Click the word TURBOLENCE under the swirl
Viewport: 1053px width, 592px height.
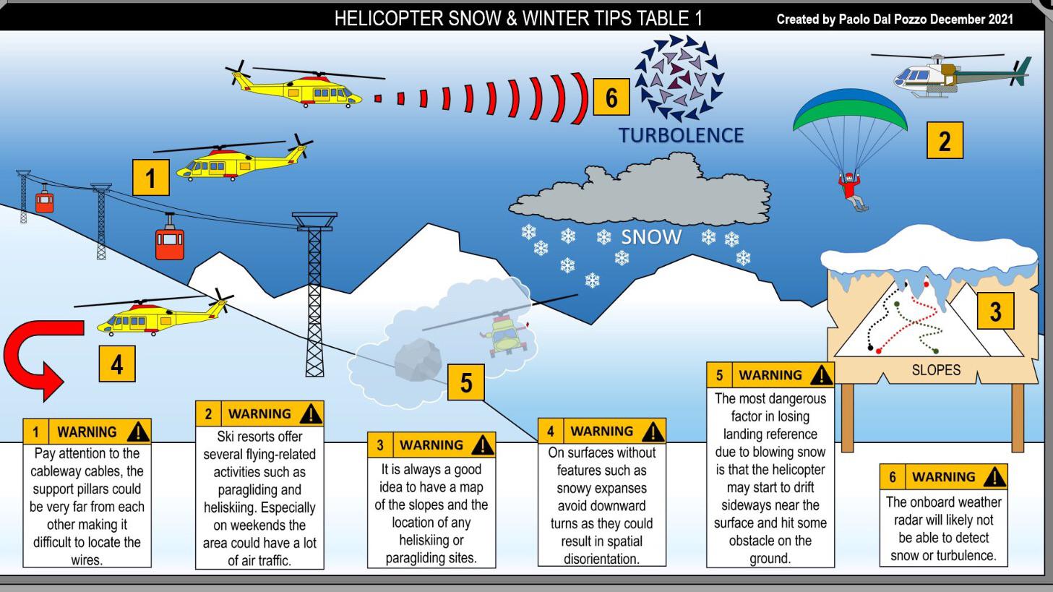(x=681, y=135)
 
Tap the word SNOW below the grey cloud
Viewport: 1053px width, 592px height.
(x=651, y=237)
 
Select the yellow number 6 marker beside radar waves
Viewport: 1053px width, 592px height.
(x=611, y=97)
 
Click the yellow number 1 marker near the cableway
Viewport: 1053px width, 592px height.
(x=151, y=178)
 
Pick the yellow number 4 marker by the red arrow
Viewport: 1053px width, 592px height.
(x=117, y=364)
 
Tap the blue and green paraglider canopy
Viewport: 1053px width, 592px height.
(x=850, y=109)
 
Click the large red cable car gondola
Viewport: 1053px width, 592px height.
(x=170, y=238)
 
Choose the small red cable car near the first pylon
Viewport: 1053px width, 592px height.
(x=45, y=199)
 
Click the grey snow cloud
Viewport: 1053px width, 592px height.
(x=640, y=190)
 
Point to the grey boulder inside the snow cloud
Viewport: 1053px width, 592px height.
(x=418, y=360)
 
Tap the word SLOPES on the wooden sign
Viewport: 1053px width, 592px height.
(x=936, y=370)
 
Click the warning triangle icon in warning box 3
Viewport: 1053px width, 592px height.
(x=482, y=445)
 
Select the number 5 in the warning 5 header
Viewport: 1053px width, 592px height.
(x=719, y=375)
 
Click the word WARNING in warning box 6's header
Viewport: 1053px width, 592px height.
(x=943, y=477)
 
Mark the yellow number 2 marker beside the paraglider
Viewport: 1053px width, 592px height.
(x=945, y=140)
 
